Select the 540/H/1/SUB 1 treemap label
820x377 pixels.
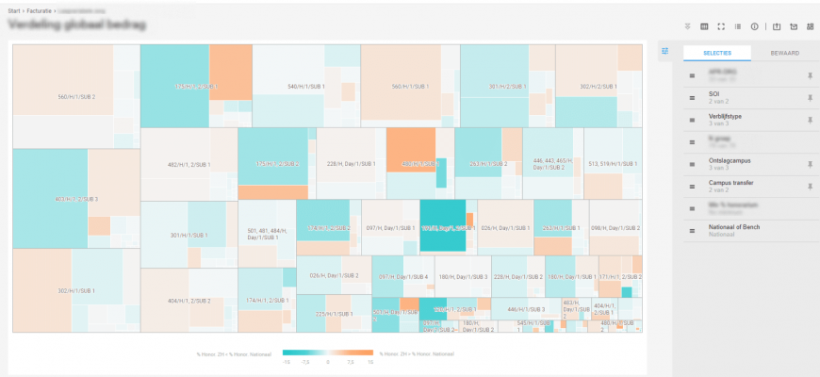[x=306, y=87]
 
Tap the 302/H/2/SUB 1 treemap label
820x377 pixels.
[x=599, y=87]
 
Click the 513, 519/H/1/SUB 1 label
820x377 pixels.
[x=613, y=164]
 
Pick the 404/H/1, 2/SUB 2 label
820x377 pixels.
[x=189, y=301]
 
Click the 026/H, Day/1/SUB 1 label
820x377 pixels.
[x=501, y=227]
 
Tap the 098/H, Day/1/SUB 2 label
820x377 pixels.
[x=615, y=227]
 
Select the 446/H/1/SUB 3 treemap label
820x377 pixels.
[x=526, y=308]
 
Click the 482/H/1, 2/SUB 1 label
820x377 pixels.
[x=189, y=164]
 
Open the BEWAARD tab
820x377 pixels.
[x=784, y=53]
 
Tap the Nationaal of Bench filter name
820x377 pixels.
[x=734, y=226]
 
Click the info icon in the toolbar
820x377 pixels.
[x=754, y=26]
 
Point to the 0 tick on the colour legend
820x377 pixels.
[x=327, y=360]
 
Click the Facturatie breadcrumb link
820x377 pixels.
[x=41, y=10]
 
